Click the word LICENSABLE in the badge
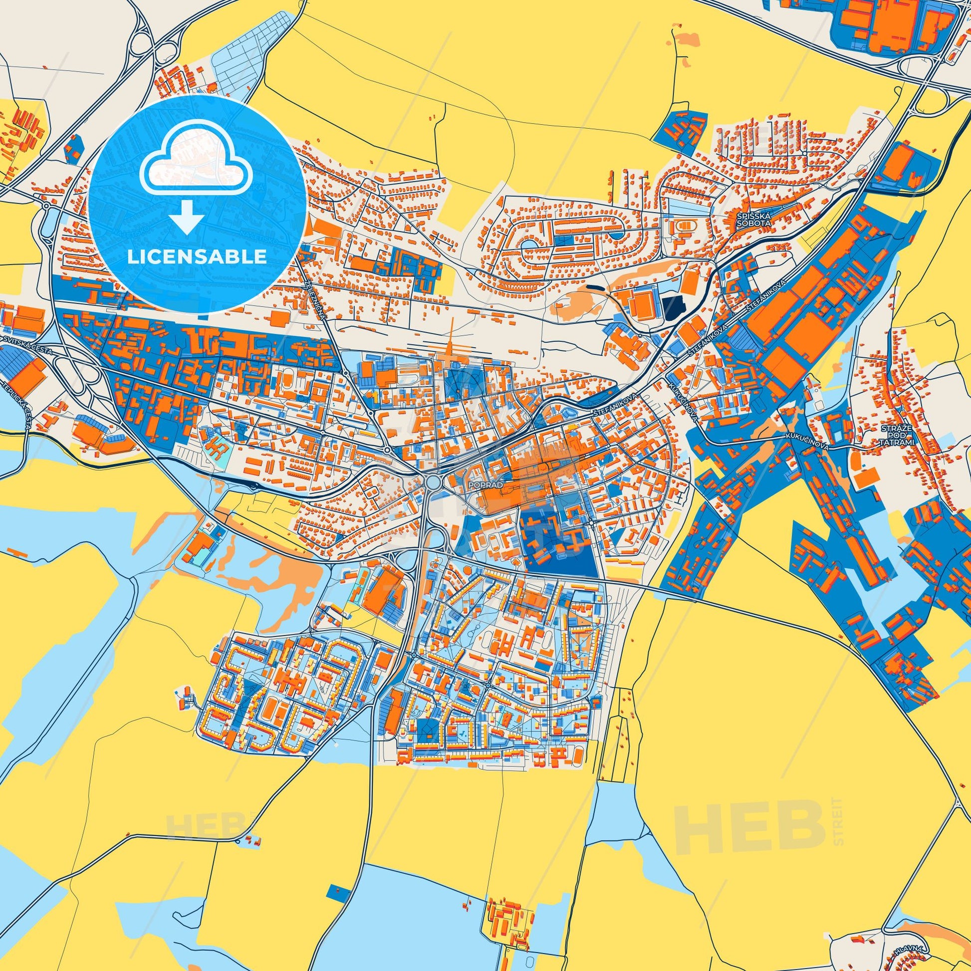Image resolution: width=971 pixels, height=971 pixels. click(x=197, y=257)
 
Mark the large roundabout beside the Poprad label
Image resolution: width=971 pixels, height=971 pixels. click(x=433, y=483)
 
